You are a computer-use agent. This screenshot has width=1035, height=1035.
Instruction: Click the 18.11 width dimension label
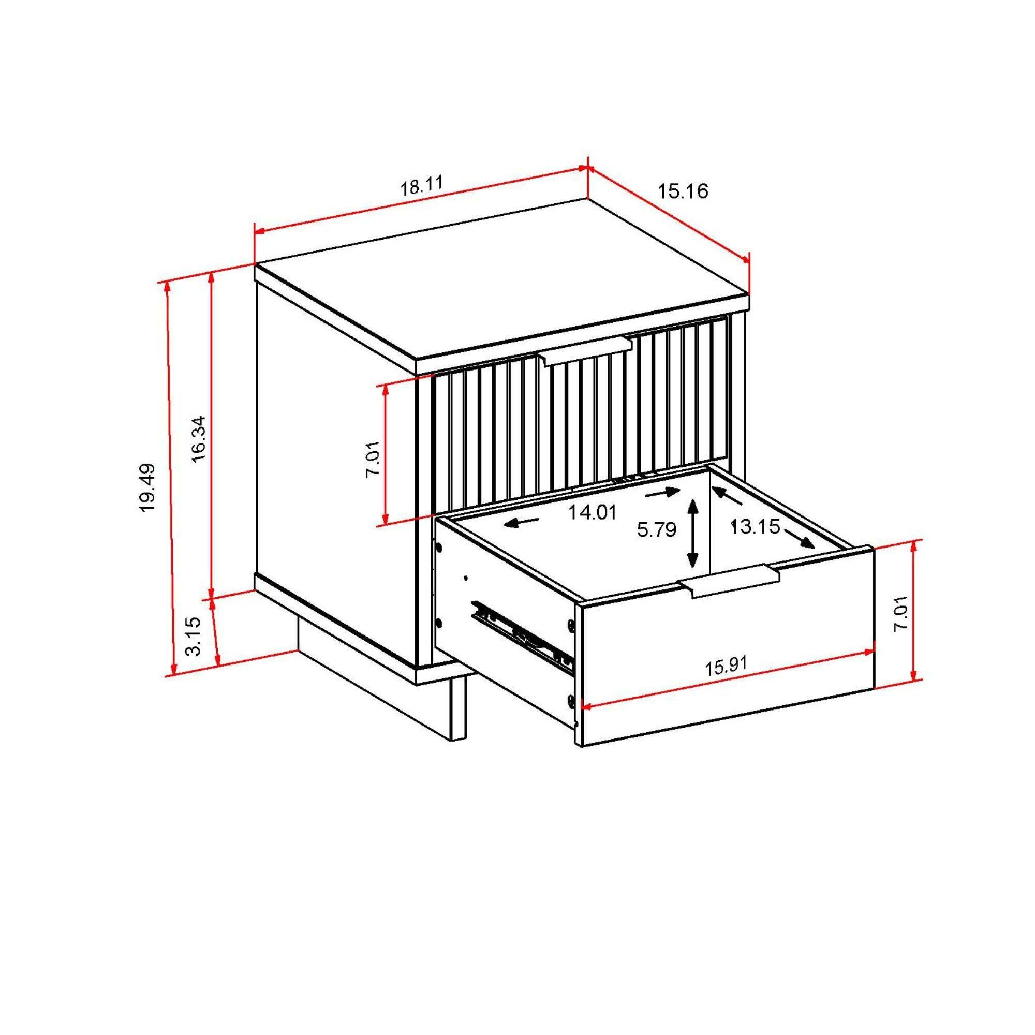[422, 185]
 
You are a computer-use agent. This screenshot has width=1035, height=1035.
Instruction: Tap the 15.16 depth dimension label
[683, 191]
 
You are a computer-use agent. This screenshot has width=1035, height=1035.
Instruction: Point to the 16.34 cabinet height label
[198, 438]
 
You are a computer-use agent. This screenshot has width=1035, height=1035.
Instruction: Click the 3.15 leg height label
[193, 636]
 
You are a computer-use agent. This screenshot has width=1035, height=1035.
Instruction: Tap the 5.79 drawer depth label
[656, 530]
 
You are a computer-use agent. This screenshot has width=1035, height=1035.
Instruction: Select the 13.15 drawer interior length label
[755, 527]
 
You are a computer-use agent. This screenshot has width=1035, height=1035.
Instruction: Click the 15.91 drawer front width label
[726, 667]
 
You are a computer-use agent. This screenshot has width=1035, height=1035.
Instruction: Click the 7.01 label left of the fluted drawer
[372, 458]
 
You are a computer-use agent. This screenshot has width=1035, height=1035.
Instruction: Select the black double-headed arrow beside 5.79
[693, 533]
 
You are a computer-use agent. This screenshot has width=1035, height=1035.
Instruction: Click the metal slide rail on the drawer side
[522, 637]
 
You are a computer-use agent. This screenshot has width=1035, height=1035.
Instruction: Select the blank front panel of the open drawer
[723, 638]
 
